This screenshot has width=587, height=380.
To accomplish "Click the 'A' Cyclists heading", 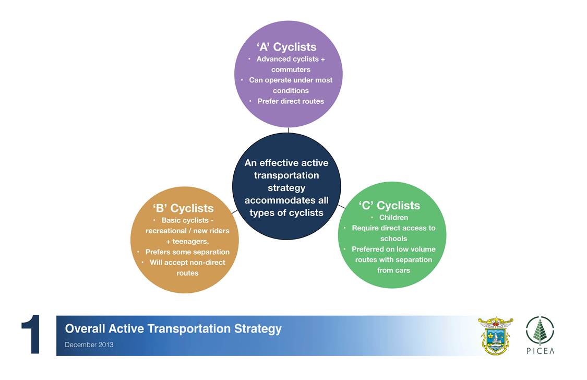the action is coord(286,47).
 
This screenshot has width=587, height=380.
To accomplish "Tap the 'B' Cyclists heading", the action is coord(183,208).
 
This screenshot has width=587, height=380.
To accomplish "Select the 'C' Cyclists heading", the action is coord(389,205).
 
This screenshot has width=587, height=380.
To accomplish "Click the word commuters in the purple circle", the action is coord(291,69).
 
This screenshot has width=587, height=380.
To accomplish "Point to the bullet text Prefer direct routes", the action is coord(291,101).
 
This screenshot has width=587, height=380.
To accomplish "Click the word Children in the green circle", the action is coord(393,218).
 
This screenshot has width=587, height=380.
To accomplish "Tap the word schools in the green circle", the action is coord(393,239).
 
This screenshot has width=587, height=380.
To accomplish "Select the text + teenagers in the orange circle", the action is coord(187,242).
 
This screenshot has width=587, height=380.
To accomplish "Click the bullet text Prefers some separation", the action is coord(187,252).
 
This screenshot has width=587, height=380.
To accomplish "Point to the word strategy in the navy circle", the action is coord(286,187).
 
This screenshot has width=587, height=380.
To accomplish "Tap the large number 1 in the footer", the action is coord(31,334).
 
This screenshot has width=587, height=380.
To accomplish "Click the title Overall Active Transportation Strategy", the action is coord(173,329).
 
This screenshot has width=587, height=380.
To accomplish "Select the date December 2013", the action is coord(89,345).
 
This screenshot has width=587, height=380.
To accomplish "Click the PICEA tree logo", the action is coord(540,330).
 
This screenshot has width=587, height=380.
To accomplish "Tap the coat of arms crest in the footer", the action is coord(495,336).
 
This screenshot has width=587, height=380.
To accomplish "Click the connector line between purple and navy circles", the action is coord(288,130).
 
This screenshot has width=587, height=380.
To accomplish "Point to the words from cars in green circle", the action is coord(393,270).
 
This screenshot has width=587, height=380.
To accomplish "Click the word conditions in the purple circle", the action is coord(291,91).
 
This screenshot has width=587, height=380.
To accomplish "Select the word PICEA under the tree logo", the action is coord(540,351).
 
